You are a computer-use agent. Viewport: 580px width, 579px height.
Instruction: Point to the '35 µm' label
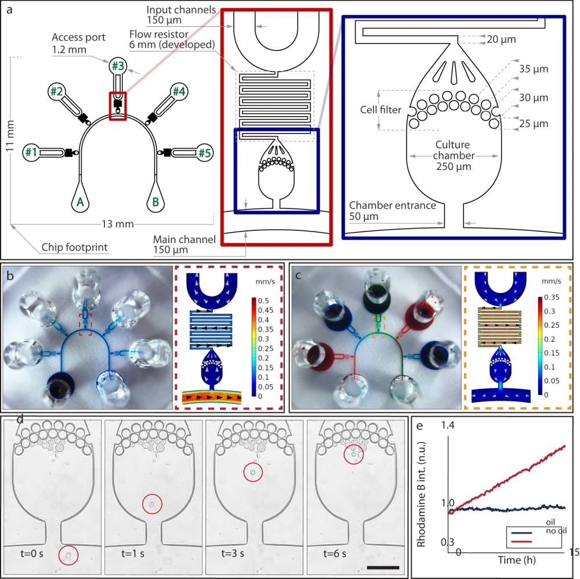click(531, 70)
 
